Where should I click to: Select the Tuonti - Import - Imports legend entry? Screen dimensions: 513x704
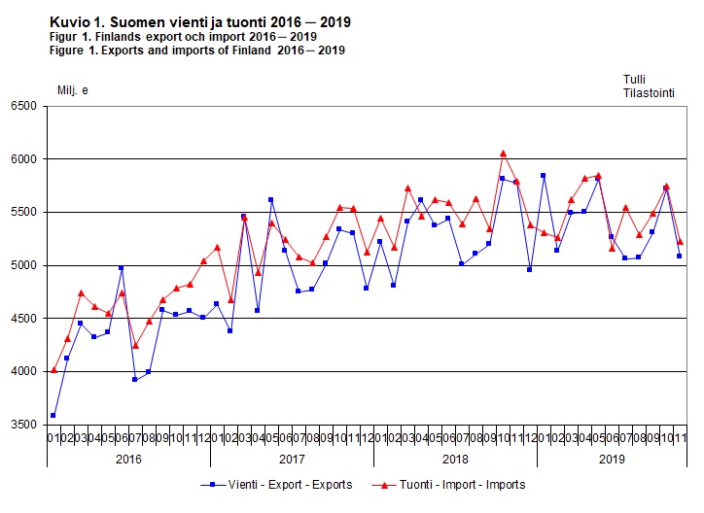[451, 485]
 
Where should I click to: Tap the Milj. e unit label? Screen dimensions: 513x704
[73, 90]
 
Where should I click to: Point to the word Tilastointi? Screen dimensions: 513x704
[650, 92]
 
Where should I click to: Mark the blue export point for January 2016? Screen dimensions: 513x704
[53, 415]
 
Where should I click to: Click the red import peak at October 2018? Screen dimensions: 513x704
[503, 153]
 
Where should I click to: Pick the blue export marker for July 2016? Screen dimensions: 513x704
[134, 380]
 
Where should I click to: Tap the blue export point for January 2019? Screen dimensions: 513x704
[543, 176]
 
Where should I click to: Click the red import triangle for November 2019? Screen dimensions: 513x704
[679, 241]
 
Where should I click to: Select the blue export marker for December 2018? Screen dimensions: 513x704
[529, 269]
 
